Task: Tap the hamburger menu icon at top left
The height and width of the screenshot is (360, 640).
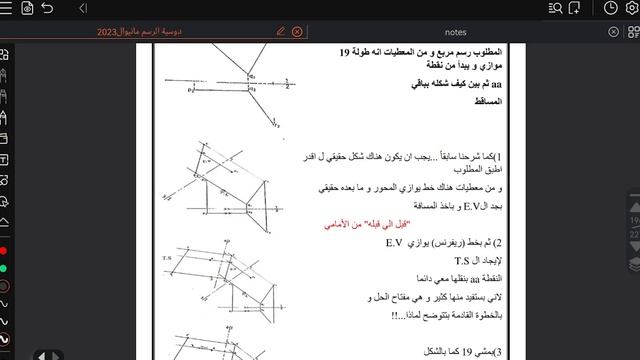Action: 7,9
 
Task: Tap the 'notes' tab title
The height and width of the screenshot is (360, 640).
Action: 454,31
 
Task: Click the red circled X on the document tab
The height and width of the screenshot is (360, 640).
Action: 297,31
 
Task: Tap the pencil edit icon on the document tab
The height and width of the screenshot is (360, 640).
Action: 280,31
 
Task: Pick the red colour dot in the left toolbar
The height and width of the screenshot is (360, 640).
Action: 6,249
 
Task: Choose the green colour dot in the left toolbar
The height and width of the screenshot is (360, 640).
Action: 6,267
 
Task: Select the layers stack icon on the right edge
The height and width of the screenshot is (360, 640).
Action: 633,264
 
